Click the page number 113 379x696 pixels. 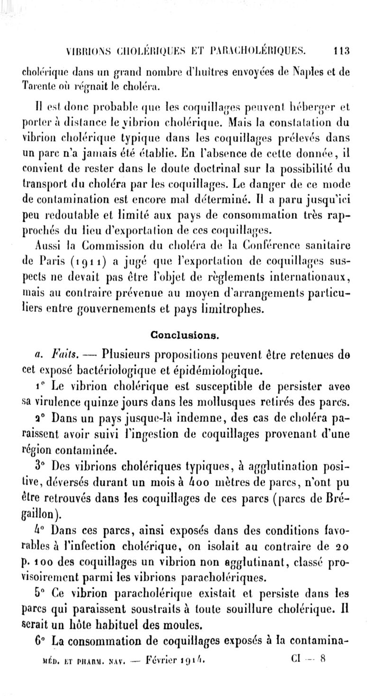click(x=341, y=50)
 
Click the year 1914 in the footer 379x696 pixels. click(x=194, y=659)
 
